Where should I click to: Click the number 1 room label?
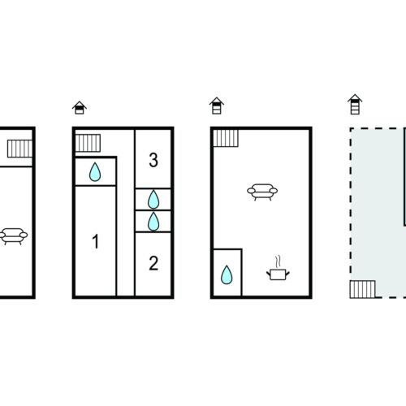[x=95, y=241]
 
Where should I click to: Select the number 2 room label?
[x=153, y=263]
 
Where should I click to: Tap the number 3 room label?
[x=153, y=160]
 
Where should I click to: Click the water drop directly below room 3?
[x=153, y=200]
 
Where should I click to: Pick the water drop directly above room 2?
[x=153, y=222]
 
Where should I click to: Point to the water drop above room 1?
[x=95, y=172]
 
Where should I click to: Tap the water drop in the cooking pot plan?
[x=227, y=275]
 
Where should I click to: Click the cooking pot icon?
[x=278, y=274]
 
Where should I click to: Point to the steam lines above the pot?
[x=278, y=261]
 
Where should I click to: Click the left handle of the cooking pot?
[x=269, y=274]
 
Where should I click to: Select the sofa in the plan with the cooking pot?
[x=262, y=192]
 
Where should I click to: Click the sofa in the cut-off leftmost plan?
[x=13, y=236]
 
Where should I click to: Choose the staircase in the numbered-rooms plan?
[x=88, y=143]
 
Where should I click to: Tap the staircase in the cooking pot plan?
[x=226, y=138]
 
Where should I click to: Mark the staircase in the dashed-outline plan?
[x=362, y=289]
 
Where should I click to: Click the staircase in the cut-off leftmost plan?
[x=19, y=149]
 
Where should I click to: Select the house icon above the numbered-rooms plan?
[x=80, y=108]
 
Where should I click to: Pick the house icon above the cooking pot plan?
[x=217, y=106]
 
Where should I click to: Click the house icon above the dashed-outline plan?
[x=355, y=104]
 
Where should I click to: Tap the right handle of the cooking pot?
[x=287, y=274]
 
